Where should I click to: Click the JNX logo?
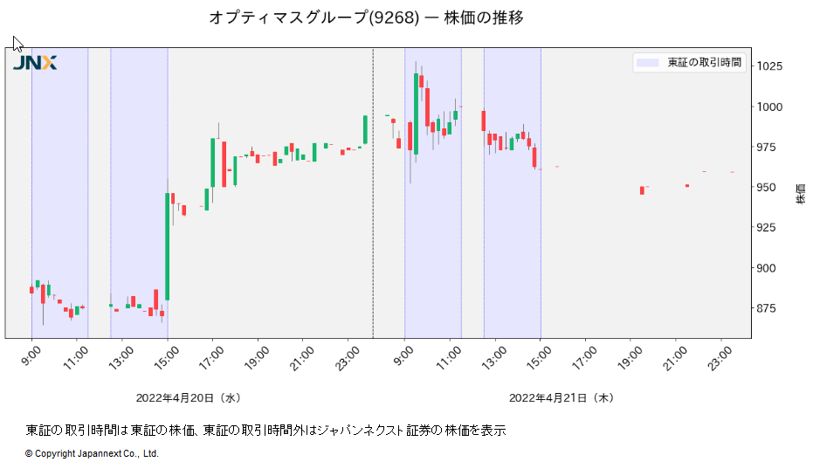tap(35, 62)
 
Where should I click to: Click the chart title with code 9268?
tap(366, 17)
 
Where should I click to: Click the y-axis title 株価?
tap(801, 194)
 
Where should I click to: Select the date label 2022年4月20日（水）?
tap(188, 397)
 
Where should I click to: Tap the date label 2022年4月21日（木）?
tap(562, 397)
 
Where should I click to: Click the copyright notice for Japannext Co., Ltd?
tap(92, 453)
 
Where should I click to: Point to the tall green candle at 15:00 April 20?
tap(167, 246)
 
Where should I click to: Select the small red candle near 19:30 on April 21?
tap(642, 190)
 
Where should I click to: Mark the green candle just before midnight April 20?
tap(365, 129)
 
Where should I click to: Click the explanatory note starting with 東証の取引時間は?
tap(266, 430)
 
